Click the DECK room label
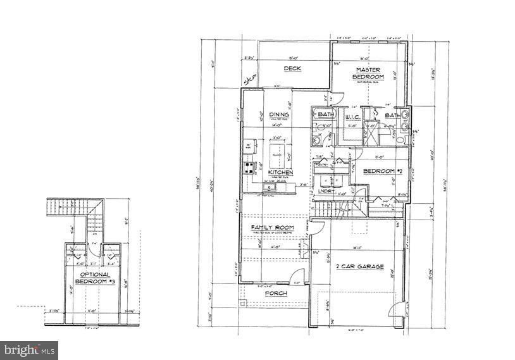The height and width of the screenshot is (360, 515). [x=292, y=69]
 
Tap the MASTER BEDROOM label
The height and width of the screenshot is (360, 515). [x=368, y=73]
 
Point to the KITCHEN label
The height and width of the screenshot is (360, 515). [x=280, y=172]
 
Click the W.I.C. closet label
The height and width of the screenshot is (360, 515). [x=353, y=116]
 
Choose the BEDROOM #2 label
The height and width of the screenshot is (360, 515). [x=382, y=171]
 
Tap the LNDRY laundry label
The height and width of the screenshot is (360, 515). [x=327, y=190]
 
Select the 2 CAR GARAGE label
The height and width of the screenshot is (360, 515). [x=359, y=267]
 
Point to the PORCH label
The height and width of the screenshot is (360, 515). [x=276, y=294]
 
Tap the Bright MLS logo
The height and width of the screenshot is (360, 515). [x=30, y=349]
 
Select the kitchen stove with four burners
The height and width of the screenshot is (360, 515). [x=248, y=170]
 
